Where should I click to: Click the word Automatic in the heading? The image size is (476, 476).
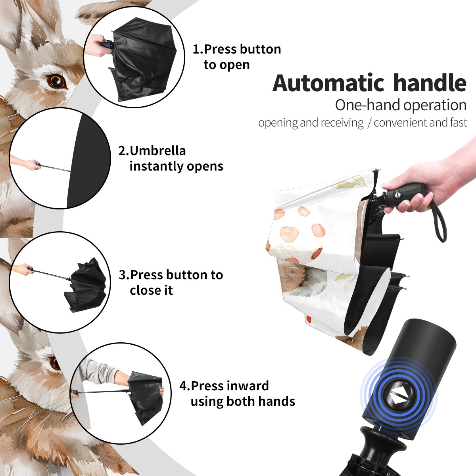[328, 83]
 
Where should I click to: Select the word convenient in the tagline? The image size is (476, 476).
[400, 123]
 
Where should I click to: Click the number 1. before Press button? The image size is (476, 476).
[198, 49]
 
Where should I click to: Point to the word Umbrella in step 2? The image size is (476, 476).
[157, 151]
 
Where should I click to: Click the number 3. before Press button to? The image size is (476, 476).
[124, 274]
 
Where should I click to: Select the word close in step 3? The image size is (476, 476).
[144, 290]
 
